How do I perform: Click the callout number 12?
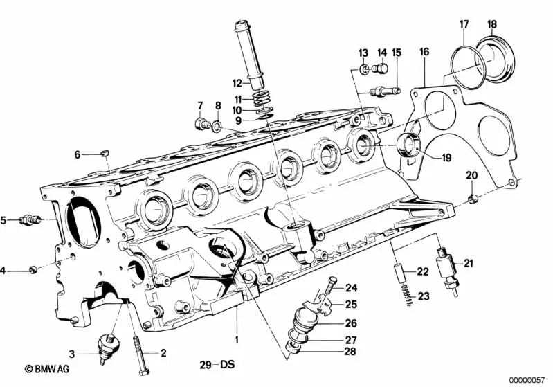(238, 82)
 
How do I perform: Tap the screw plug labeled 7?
(203, 125)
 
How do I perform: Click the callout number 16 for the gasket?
(424, 52)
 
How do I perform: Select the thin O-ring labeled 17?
(464, 62)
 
